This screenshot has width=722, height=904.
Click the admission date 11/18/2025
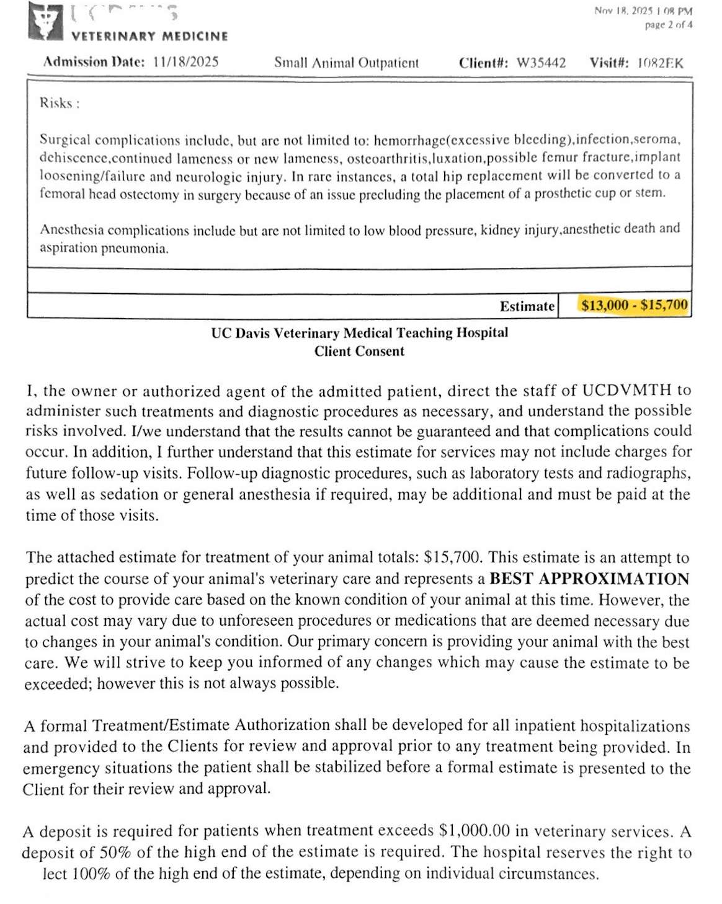point(185,62)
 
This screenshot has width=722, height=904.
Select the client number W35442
point(541,63)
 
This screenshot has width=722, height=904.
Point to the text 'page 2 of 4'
point(669,25)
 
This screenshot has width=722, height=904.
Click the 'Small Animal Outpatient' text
point(346,63)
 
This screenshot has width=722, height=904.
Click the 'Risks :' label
point(59,103)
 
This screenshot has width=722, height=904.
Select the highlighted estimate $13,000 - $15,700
point(635,305)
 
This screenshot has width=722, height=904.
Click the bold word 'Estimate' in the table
point(527,306)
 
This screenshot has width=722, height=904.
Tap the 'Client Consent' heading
point(359,351)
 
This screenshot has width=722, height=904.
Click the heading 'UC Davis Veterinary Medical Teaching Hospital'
point(359,333)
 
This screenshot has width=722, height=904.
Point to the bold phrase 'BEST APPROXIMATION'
point(589,579)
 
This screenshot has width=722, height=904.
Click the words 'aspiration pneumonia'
point(104,248)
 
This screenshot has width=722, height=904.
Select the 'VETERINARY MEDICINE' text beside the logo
point(150,37)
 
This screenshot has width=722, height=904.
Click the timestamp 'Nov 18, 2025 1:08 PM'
point(643,11)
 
